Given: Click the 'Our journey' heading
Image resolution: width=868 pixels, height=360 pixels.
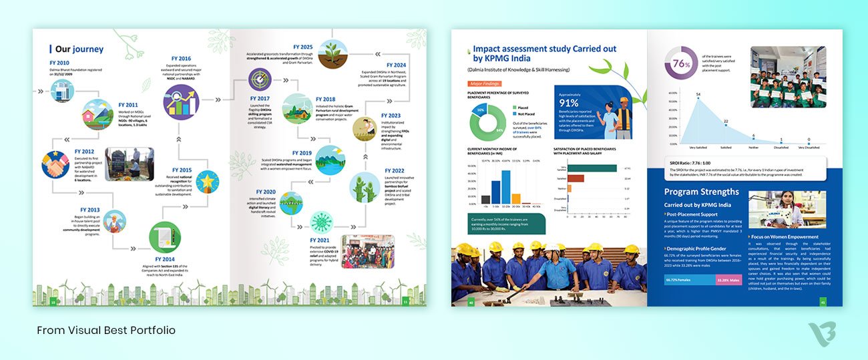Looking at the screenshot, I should (79, 49).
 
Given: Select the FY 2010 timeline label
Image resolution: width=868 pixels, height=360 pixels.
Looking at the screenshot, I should (59, 62).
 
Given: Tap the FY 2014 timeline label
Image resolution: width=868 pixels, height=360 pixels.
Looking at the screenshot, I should (164, 258).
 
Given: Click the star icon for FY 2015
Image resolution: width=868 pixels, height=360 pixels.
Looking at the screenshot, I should (208, 182).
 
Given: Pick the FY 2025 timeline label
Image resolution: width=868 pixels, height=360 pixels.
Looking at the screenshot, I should (302, 47).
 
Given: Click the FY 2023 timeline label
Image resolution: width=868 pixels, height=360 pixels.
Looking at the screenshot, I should (391, 116).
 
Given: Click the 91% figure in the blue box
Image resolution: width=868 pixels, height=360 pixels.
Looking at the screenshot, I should (569, 103).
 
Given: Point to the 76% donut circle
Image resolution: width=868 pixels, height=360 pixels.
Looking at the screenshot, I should (680, 64).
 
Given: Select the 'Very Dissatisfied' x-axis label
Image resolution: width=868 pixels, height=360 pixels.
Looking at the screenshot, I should (808, 147).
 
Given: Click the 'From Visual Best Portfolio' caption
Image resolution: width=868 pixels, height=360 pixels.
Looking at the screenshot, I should (106, 331).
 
